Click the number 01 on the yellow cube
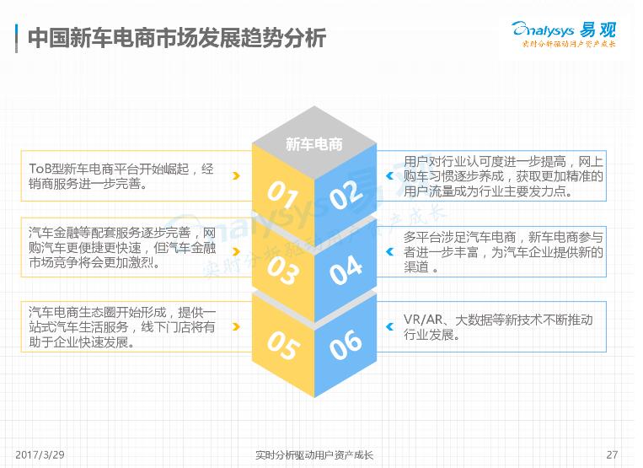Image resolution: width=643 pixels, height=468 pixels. point(282,195)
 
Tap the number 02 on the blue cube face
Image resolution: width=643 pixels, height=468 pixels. point(346,195)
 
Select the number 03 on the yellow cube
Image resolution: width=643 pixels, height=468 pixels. point(282,271)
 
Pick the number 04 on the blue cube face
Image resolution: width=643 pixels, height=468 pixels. point(346,270)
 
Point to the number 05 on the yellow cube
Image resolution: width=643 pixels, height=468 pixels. point(282,346)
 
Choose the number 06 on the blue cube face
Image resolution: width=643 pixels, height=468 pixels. point(346,345)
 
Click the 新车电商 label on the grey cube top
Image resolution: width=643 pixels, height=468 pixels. point(314,144)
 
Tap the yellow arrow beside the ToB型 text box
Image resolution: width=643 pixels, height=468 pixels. point(236,176)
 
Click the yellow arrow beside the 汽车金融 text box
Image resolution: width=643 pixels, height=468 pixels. point(236,251)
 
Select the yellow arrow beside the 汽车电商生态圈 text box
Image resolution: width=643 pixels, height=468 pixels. point(236,326)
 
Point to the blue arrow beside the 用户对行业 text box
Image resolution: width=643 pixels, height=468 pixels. point(390,176)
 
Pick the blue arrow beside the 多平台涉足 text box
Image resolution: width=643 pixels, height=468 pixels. point(390,251)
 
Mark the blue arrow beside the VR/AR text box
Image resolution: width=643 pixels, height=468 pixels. point(390,326)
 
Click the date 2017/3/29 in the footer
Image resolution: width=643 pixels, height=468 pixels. point(40,455)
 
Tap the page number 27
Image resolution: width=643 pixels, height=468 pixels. point(612,455)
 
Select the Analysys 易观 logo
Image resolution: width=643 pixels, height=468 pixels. point(565,34)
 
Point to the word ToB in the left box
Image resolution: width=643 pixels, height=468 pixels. point(40,169)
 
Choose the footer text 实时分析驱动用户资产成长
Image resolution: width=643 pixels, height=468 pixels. point(314,455)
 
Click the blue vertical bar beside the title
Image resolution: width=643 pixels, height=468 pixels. point(16,38)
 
